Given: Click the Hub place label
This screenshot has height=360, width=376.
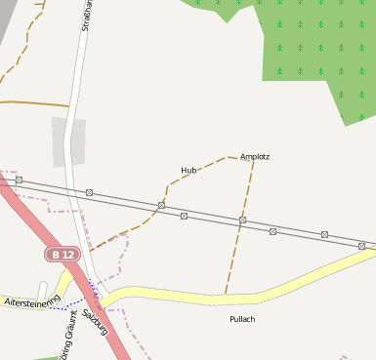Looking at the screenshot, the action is coord(188,171).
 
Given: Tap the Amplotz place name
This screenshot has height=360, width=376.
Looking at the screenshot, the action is coord(254,156).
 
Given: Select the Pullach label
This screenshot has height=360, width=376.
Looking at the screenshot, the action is coord(241,319).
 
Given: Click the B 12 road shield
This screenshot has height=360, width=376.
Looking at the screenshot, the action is coord(63,255).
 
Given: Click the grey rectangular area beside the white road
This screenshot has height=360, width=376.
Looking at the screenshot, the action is coord(68,141).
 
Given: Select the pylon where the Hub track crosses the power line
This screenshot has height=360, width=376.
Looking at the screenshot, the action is coord(161,205).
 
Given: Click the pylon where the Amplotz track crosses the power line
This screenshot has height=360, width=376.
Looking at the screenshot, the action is coord(242,221).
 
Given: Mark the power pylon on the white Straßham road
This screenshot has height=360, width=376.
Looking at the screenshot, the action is coord(89,192).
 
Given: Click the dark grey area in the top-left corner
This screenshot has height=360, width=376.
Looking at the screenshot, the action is coord(8,15).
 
